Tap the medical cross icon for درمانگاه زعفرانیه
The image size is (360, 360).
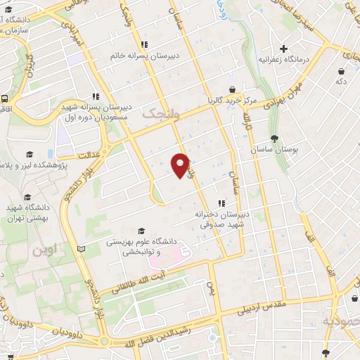(283, 49)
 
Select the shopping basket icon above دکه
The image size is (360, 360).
(341, 70)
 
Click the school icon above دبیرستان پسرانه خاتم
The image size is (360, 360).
(144, 44)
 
